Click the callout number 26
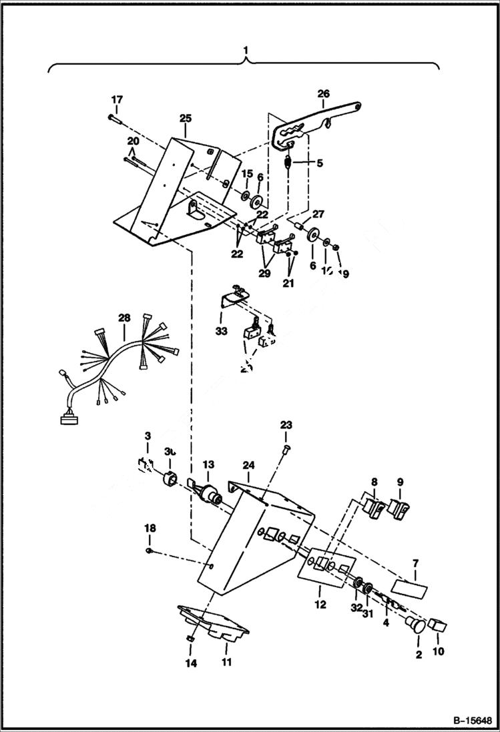point(323,93)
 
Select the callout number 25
point(185,118)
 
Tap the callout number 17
point(117,99)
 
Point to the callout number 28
point(123,320)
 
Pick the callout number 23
point(286,424)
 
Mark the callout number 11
point(226,662)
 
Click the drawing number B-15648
point(467,721)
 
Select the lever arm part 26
point(320,120)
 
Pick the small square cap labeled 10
point(438,625)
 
